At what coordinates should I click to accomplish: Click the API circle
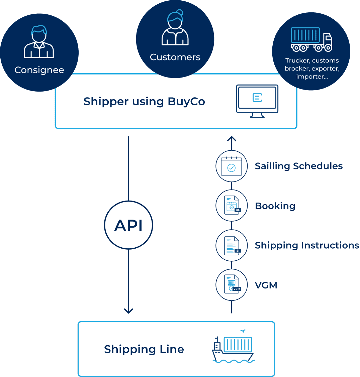(x=128, y=226)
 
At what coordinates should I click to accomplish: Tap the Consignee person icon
(x=39, y=42)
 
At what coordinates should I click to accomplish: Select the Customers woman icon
(x=175, y=28)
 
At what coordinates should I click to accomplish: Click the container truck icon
(x=311, y=39)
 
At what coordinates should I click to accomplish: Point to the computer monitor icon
(x=257, y=101)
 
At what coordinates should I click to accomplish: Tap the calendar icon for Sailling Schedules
(x=231, y=166)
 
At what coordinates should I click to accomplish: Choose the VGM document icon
(x=232, y=285)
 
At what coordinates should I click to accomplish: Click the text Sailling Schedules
(x=298, y=166)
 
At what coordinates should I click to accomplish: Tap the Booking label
(x=275, y=206)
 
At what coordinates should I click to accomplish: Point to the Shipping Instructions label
(x=307, y=245)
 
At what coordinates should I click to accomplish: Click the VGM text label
(x=266, y=285)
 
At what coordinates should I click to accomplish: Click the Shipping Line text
(x=144, y=349)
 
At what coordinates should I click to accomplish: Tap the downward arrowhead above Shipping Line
(x=128, y=310)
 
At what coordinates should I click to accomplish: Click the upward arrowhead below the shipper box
(x=232, y=139)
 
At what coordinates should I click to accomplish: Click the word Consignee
(x=39, y=70)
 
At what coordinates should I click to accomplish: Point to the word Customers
(x=175, y=57)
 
